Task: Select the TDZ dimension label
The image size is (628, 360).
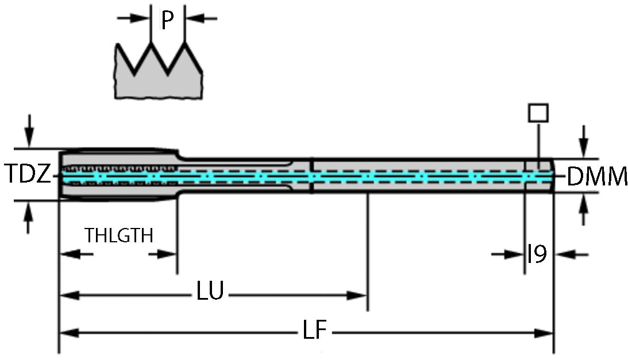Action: (28, 174)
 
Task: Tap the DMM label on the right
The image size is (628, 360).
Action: (597, 177)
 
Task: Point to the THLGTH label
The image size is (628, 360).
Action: (120, 235)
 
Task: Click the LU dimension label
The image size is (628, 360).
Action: (210, 292)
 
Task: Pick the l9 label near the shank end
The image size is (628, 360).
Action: (537, 253)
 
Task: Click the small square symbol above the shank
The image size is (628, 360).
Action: (538, 113)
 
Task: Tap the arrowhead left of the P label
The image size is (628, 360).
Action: (140, 18)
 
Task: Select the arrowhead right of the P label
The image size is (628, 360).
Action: (194, 18)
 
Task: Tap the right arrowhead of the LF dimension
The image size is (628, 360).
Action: (545, 332)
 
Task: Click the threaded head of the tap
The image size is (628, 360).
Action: (115, 175)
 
